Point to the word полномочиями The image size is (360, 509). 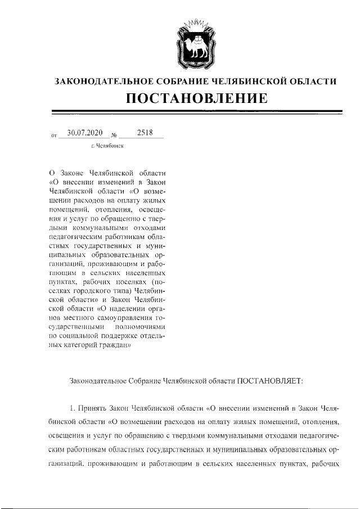coord(142,327)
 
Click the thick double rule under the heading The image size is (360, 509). coord(196,112)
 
